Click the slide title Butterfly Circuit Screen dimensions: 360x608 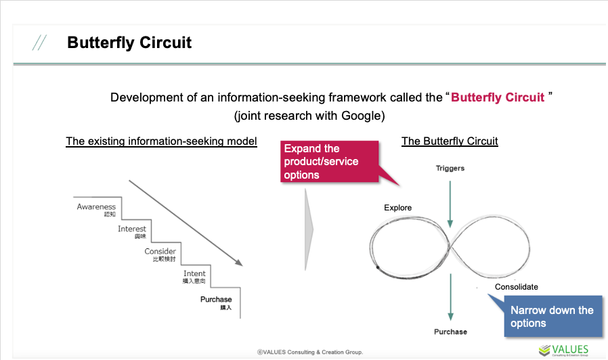tap(129, 43)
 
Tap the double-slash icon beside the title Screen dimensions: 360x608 tap(39, 43)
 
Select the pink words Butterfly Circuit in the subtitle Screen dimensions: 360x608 tap(498, 97)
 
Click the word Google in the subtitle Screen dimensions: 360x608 tap(362, 116)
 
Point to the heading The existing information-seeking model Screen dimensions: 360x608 tap(161, 141)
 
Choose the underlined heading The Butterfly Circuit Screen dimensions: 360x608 tap(450, 141)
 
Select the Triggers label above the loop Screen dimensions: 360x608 tap(450, 168)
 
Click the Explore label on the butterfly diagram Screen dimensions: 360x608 tap(397, 208)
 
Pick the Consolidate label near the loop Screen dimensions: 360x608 tap(516, 287)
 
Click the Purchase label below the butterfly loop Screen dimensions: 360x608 tap(450, 332)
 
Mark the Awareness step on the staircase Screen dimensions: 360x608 tap(96, 207)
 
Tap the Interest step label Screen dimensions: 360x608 tap(132, 229)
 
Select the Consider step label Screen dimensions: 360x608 tap(160, 252)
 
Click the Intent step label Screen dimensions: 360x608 tap(194, 274)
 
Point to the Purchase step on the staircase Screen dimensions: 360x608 tap(216, 299)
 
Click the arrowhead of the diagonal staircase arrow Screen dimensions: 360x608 tap(238, 262)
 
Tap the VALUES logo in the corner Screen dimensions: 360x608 tap(564, 349)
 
